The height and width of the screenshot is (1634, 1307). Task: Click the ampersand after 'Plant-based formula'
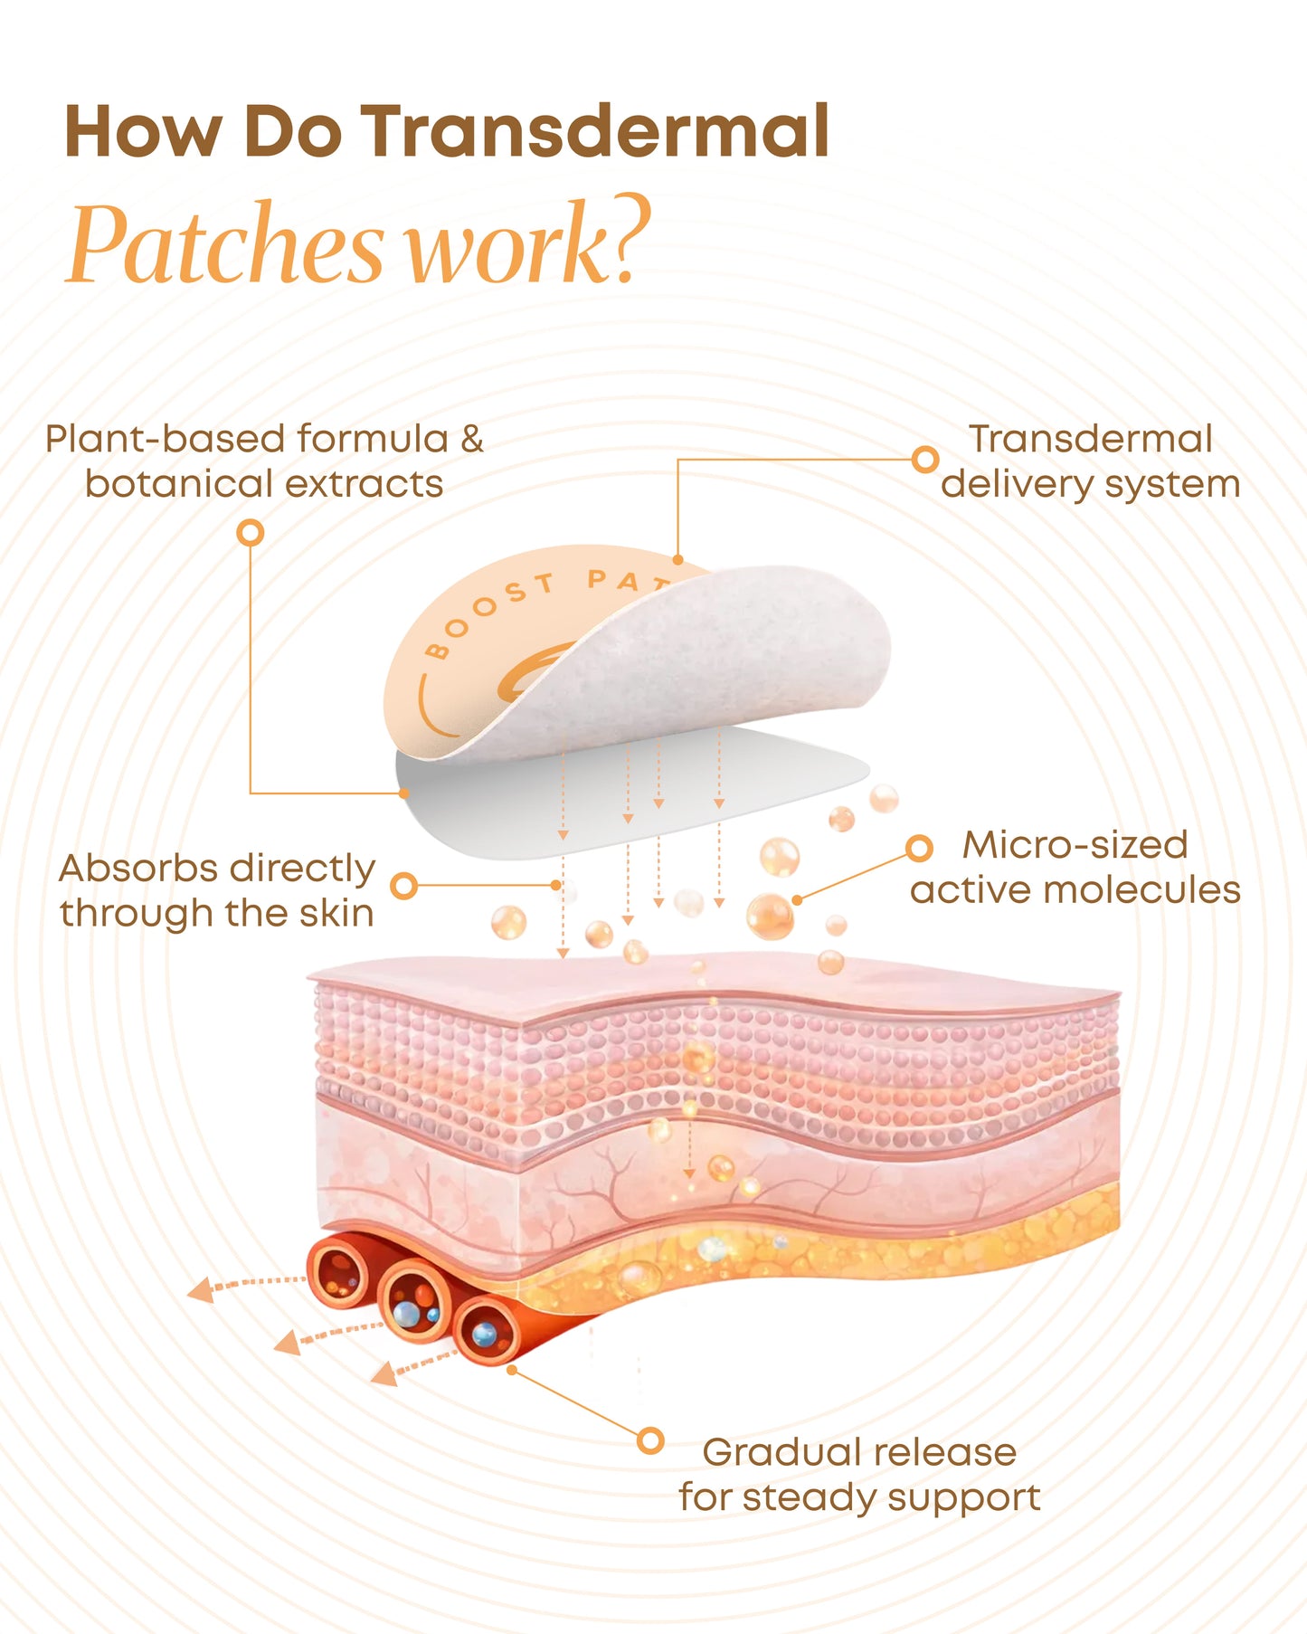coord(472,440)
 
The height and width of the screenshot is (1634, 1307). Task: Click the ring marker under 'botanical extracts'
coord(251,533)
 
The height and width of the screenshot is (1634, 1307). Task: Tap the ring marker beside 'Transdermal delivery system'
coord(924,460)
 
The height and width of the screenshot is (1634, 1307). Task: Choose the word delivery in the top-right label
coord(1016,485)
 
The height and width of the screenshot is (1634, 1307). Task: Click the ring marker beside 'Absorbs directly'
coord(404,886)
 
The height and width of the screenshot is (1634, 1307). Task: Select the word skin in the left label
coord(336,914)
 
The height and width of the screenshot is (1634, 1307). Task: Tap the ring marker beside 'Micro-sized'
coord(919,848)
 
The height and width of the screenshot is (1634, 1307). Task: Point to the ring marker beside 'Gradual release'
coord(650,1440)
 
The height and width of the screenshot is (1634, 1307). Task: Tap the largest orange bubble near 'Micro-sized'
coord(770,916)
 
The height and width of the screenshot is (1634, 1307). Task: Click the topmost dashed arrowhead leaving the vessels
coord(200,1290)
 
